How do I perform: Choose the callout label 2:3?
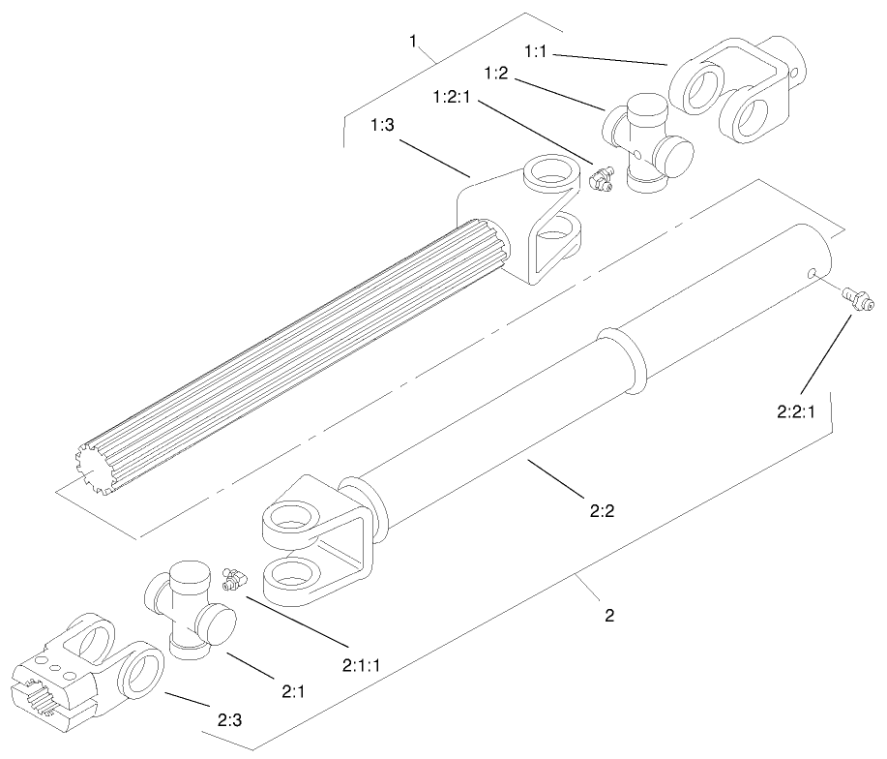pos(229,720)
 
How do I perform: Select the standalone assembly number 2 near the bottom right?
pos(609,615)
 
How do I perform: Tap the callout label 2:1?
pos(294,692)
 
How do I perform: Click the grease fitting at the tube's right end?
pos(857,298)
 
